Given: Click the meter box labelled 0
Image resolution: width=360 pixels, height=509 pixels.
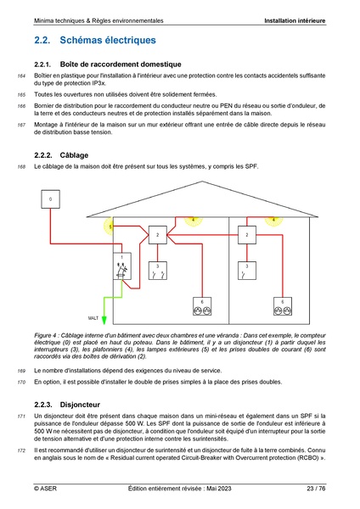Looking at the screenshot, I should [51, 200].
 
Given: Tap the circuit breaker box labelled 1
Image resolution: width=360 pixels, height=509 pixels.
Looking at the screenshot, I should [122, 266].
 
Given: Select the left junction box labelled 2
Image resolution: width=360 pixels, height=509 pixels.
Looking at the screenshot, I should [157, 234].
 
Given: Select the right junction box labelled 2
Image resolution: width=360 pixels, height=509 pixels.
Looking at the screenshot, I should [247, 234].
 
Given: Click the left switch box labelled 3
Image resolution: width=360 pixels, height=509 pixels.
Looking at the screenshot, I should [157, 271].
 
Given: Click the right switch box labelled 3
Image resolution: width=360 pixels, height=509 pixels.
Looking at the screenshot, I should [247, 271].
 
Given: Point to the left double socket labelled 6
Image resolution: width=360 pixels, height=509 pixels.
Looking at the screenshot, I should [202, 306].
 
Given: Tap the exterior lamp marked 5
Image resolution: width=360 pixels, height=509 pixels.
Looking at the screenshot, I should [110, 227].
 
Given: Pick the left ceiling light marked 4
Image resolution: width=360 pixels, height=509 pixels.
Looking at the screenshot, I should [193, 219].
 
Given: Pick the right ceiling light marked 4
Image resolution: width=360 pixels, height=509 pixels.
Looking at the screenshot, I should [273, 219].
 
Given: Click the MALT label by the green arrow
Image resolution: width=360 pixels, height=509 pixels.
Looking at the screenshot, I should [93, 316].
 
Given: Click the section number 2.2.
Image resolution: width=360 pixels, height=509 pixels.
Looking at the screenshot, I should [43, 40].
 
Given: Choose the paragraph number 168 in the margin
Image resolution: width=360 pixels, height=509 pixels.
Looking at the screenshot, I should [21, 167].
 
